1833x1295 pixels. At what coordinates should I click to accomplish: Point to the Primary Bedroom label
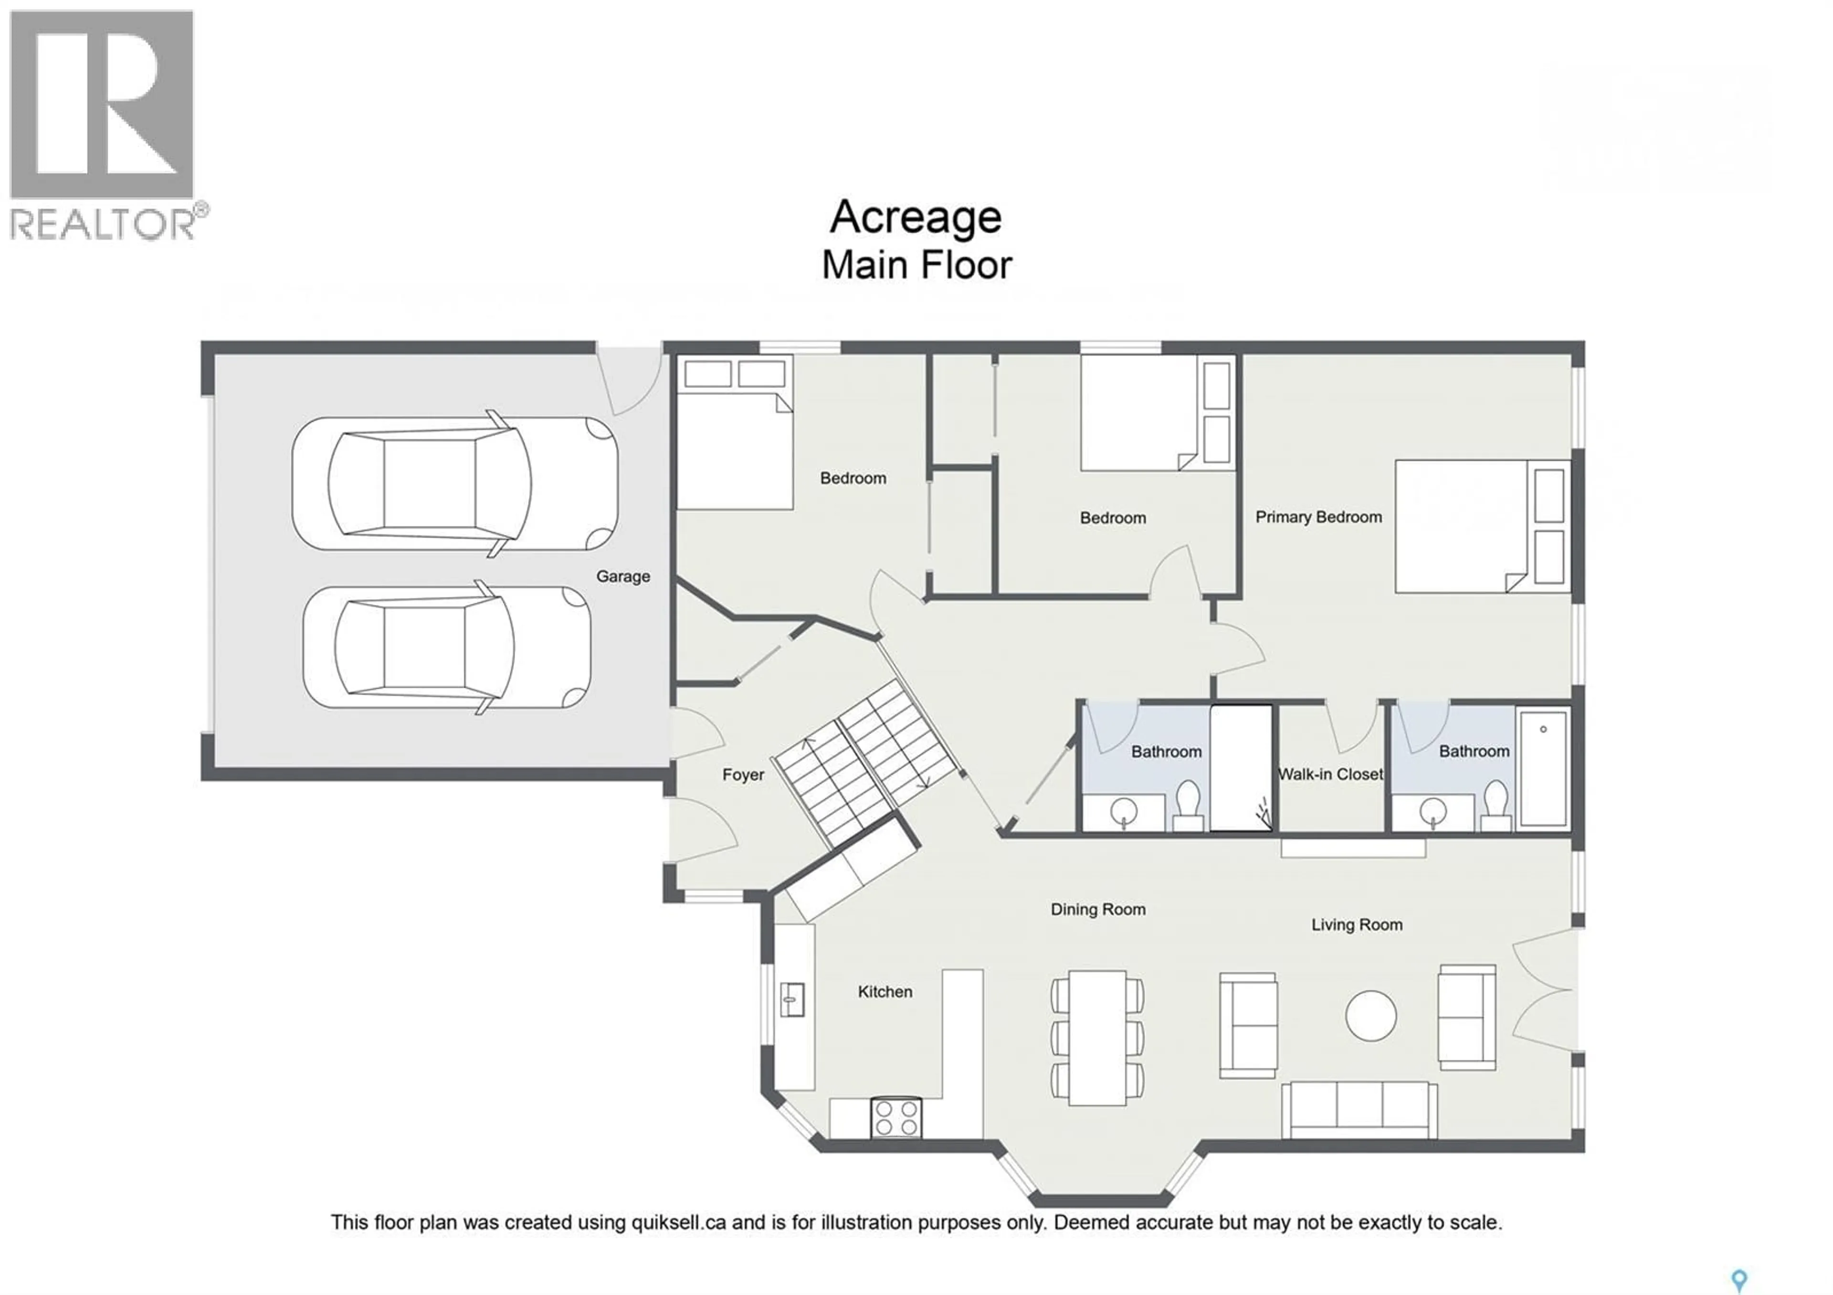(1318, 517)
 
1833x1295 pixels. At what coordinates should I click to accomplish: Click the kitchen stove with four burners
(896, 1118)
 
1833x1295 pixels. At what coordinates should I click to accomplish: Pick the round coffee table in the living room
(1371, 1016)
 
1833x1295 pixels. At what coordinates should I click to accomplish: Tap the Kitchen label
(885, 992)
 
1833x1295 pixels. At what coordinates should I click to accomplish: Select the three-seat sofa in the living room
(1359, 1110)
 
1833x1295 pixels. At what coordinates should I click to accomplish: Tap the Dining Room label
(1098, 909)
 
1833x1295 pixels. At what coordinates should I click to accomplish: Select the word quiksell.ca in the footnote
(679, 1222)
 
